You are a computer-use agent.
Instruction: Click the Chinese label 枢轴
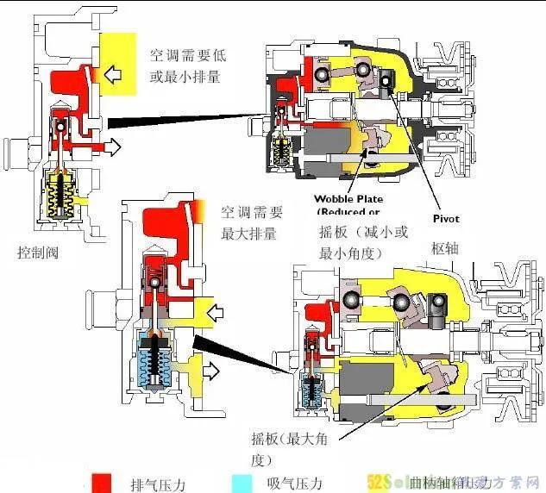[447, 249]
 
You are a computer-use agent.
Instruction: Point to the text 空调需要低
[186, 55]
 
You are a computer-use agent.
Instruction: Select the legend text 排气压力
[154, 483]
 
